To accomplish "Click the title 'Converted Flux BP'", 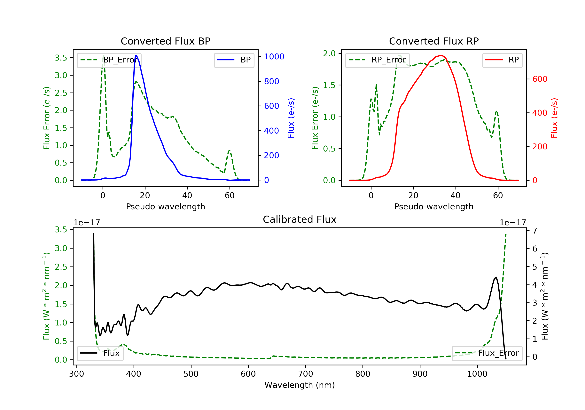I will coord(165,41).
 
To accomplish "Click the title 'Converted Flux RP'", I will coord(434,41).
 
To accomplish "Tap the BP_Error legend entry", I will coord(109,60).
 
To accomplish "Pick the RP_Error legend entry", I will coord(377,60).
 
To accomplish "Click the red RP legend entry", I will coord(502,60).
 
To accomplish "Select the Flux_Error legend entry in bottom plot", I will coord(487,353).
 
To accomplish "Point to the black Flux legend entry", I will coord(100,353).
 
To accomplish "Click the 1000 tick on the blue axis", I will coord(274,57).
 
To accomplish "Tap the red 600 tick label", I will coord(540,79).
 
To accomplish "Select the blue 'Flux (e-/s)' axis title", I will coord(291,118).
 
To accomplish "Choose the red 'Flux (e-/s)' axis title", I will coord(554,118).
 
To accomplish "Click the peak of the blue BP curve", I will coord(136,55).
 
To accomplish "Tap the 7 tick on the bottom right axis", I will coord(535,231).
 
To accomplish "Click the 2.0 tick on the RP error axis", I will coord(329,53).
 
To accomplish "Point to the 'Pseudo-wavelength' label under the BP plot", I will coord(165,206).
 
